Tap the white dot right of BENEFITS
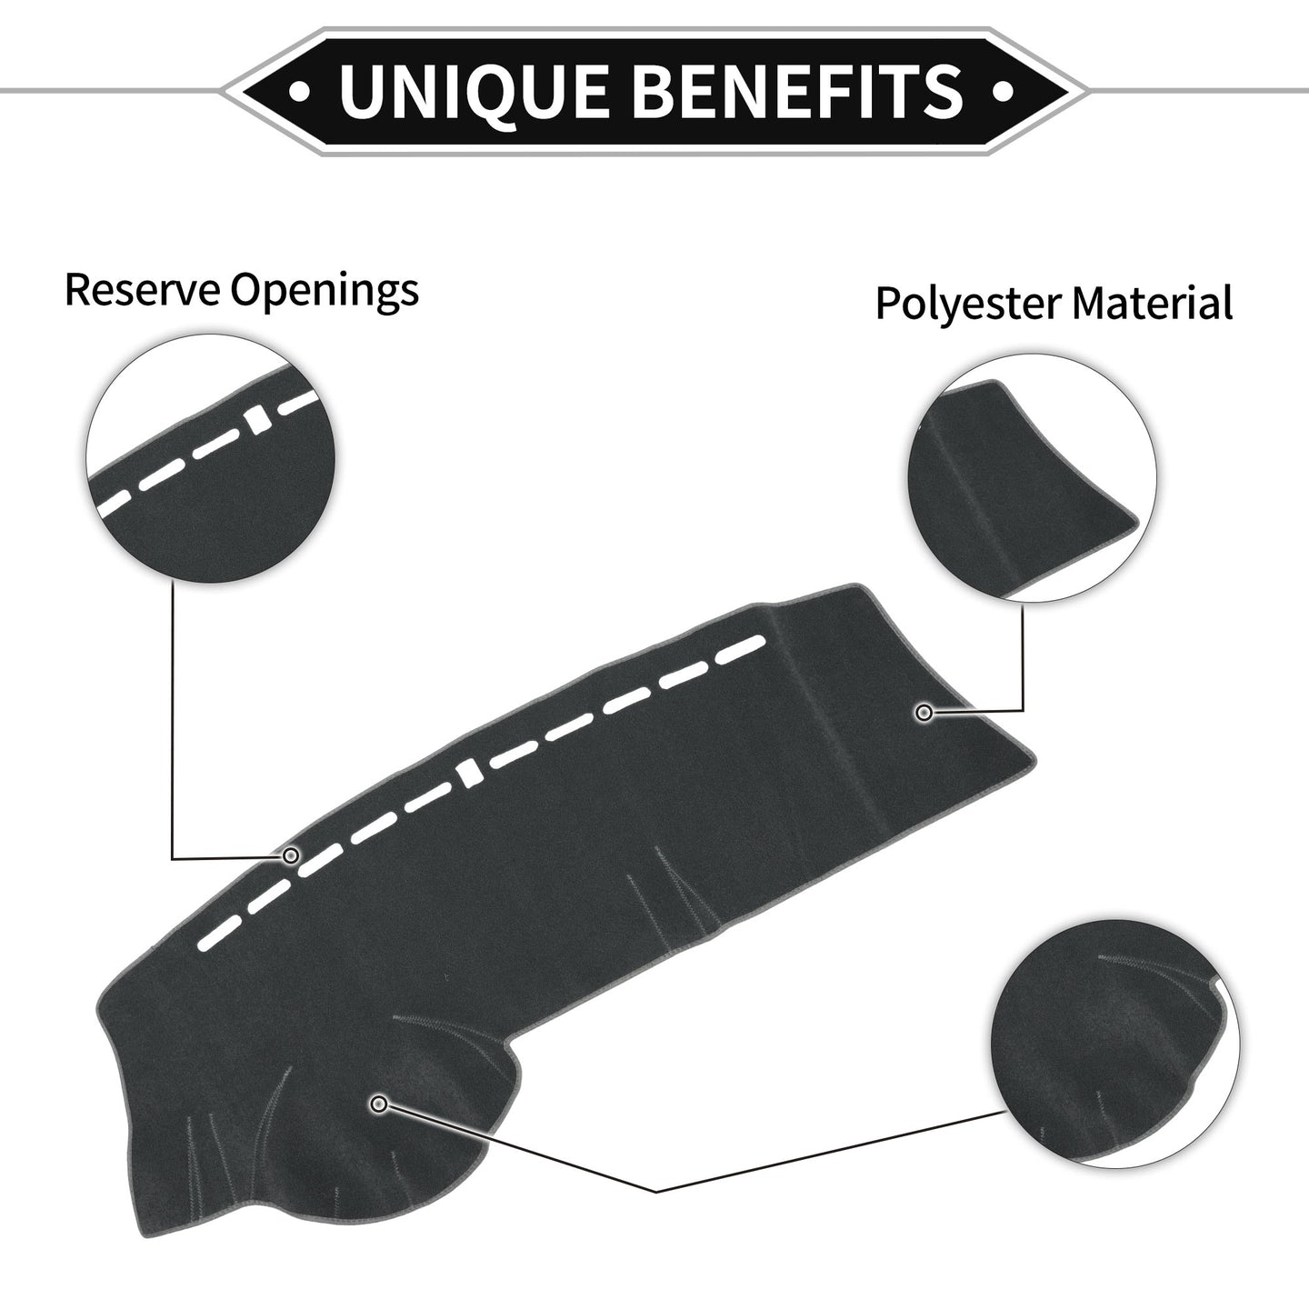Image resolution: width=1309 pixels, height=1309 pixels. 1004,90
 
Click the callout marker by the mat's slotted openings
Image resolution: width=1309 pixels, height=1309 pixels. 292,855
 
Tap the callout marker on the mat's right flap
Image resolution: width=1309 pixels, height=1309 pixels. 924,713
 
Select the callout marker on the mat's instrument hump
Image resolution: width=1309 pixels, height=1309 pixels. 380,1104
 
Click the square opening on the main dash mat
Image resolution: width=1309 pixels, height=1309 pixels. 469,774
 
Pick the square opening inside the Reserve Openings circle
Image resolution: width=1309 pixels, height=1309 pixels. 257,420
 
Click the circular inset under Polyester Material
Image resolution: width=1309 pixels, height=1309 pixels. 1032,477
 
